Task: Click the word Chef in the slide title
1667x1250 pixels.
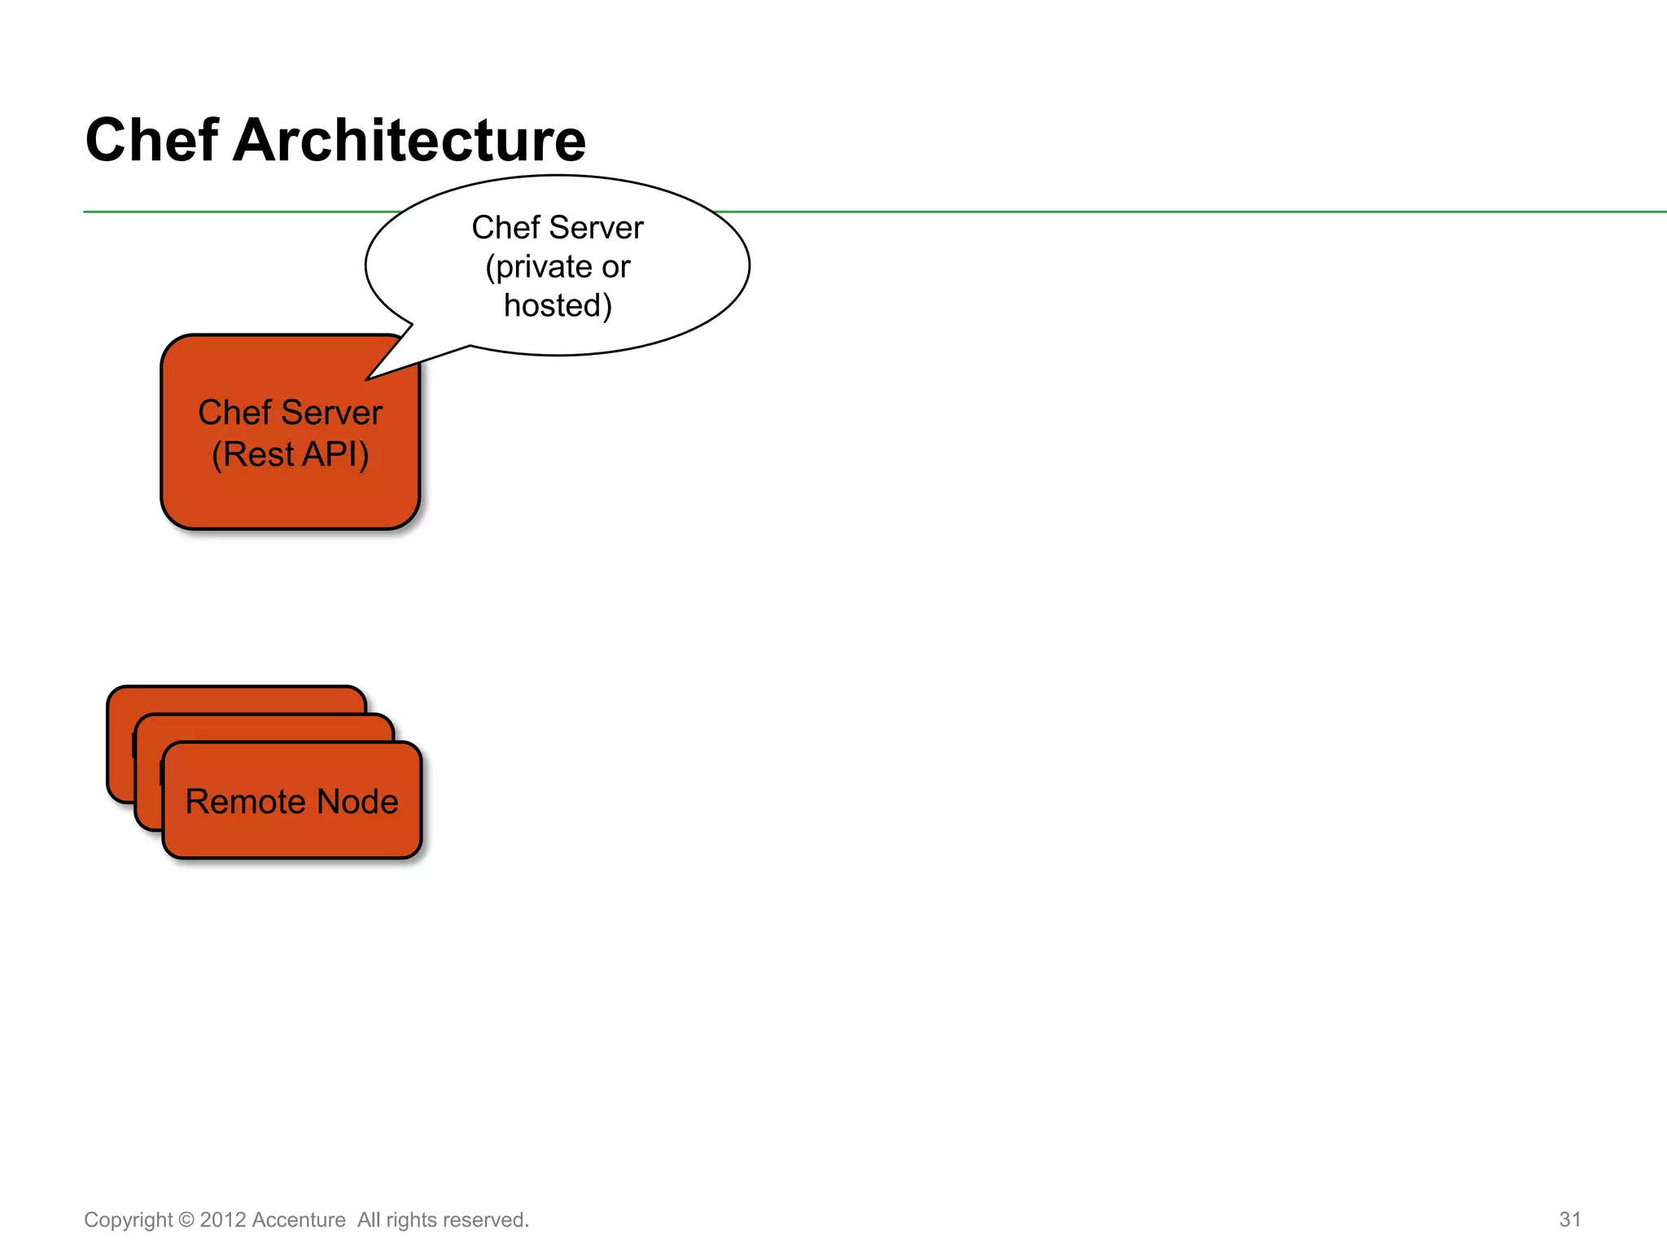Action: [151, 140]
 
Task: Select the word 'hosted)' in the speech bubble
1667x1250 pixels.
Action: [558, 306]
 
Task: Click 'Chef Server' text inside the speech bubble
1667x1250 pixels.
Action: [558, 228]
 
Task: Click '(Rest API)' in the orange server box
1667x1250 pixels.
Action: [290, 454]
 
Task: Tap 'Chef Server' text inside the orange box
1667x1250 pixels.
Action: [290, 413]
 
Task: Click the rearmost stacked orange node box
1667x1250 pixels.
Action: [236, 699]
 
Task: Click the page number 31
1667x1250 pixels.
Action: [1569, 1219]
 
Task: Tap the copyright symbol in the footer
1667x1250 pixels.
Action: [186, 1220]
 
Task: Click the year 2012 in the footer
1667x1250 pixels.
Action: [223, 1220]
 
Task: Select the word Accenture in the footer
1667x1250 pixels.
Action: [299, 1220]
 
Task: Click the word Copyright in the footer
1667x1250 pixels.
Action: [128, 1220]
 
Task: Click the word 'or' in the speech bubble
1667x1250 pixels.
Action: [615, 267]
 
